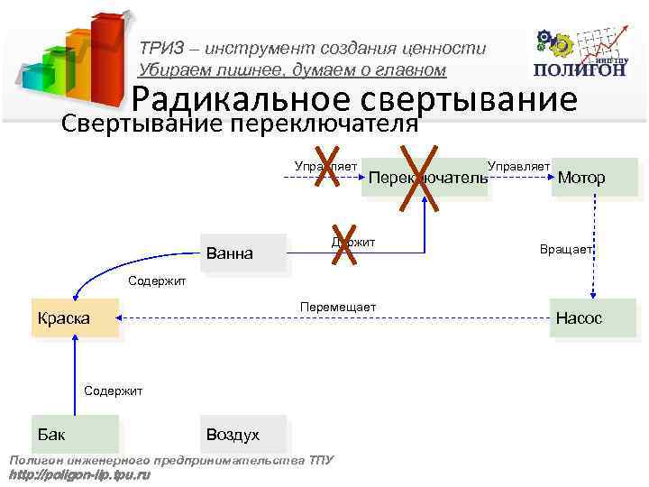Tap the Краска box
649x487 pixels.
coord(75,318)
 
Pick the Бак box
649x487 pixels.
coord(75,434)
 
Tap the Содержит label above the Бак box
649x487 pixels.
coord(113,391)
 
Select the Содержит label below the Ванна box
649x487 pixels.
coord(157,280)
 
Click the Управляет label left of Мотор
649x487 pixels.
coord(518,166)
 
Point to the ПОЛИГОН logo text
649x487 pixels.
coord(578,70)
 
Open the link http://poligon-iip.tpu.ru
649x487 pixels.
coord(78,474)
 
